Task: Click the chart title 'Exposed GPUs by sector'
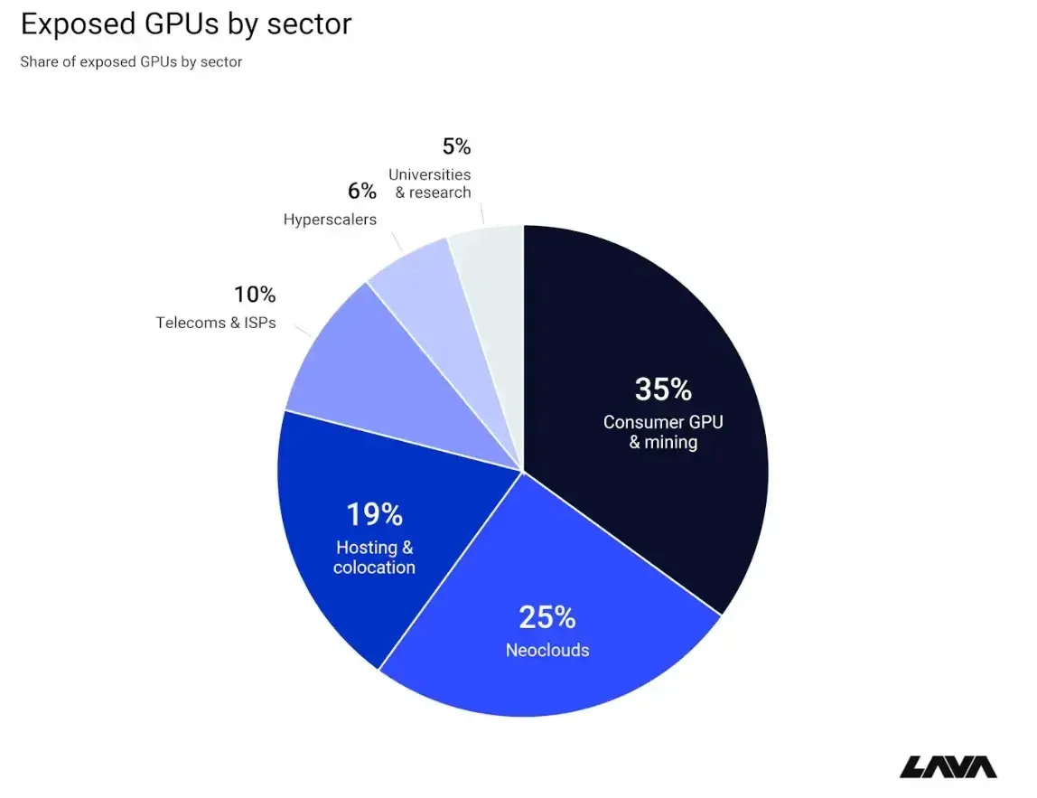[x=186, y=24]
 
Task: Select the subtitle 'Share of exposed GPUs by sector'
[x=131, y=61]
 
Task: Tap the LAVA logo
[x=948, y=767]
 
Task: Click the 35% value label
[x=663, y=390]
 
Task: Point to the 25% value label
[x=547, y=617]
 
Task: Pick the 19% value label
[x=374, y=515]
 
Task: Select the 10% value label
[x=255, y=295]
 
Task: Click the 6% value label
[x=362, y=192]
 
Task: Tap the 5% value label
[x=456, y=146]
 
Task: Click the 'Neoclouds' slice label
[x=547, y=650]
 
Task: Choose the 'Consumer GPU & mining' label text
[x=663, y=432]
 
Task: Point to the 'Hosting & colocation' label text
[x=374, y=557]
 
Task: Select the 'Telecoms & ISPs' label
[x=216, y=323]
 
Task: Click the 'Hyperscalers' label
[x=330, y=219]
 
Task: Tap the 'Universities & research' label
[x=430, y=183]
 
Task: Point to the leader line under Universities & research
[x=482, y=214]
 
